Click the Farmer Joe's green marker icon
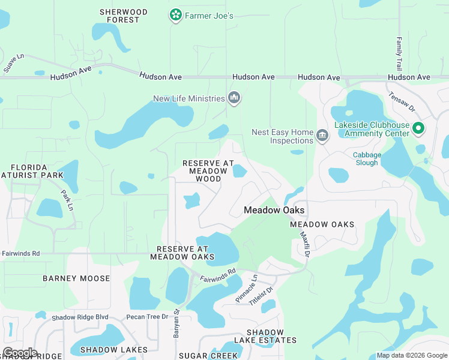[x=175, y=14]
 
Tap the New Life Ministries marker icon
[x=234, y=98]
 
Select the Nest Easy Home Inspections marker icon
[x=322, y=136]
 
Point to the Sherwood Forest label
[x=123, y=16]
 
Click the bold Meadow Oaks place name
[x=274, y=210]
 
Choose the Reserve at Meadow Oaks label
[x=182, y=253]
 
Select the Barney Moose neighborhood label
[x=76, y=278]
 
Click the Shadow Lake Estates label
[x=264, y=336]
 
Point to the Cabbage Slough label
[x=366, y=158]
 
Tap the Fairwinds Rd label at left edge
[x=20, y=254]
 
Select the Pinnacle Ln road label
[x=247, y=289]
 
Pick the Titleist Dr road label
[x=261, y=296]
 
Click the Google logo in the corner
[x=20, y=352]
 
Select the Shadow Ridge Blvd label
[x=80, y=317]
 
